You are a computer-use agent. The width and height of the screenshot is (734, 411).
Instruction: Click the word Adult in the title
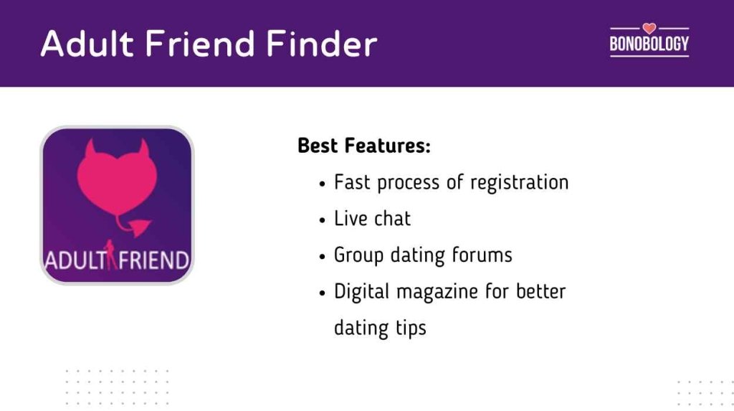click(87, 44)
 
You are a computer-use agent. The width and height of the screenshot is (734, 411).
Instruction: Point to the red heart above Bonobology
click(649, 29)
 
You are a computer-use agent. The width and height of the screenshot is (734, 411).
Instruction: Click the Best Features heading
click(364, 146)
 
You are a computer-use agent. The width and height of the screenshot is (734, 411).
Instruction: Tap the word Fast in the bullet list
click(352, 182)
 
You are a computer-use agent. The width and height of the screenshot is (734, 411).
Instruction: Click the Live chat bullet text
click(373, 219)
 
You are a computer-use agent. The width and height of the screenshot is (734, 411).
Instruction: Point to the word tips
click(408, 329)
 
